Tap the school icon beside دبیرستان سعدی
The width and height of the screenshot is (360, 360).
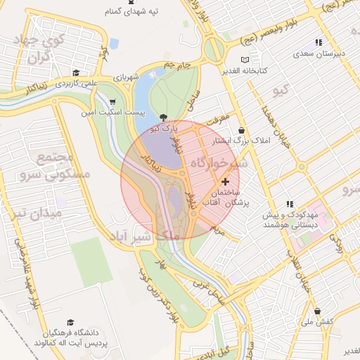point(318,42)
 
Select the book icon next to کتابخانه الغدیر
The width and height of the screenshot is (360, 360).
point(244,60)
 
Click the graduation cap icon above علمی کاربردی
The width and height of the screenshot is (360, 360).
point(75,73)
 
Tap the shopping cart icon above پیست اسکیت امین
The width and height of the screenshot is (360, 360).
point(112,101)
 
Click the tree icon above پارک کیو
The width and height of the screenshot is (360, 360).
point(164,117)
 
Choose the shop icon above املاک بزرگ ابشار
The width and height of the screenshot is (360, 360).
point(242,131)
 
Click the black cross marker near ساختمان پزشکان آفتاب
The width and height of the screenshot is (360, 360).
point(225,181)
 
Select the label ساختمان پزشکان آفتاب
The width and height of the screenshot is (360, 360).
point(221,197)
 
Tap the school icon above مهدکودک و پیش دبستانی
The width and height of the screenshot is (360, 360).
point(290,204)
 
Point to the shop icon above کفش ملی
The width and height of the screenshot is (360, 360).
point(317,311)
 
